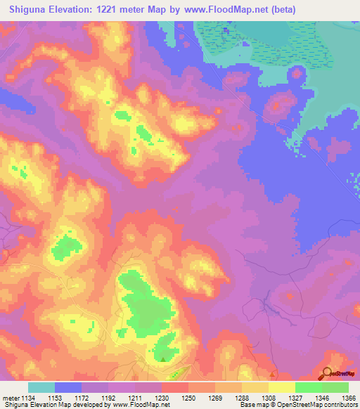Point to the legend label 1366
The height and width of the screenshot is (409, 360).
tap(349, 398)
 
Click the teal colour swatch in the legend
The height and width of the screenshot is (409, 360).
tap(41, 387)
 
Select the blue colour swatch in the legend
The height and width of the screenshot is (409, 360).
tap(68, 387)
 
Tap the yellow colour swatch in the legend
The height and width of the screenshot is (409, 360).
tap(282, 387)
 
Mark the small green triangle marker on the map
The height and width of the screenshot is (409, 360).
tap(164, 360)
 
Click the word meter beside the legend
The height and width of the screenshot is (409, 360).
tap(11, 398)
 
